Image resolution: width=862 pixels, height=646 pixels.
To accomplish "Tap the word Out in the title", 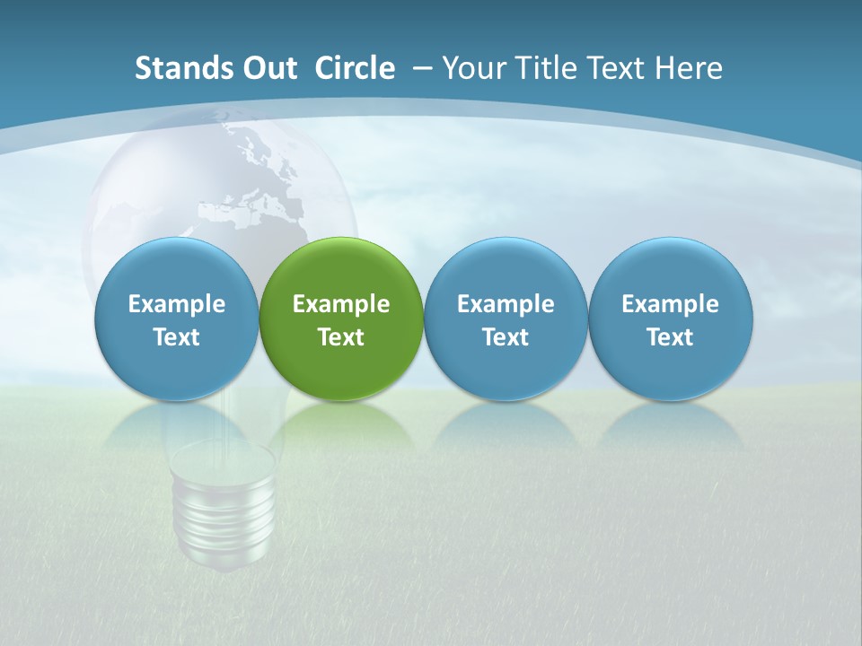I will [268, 68].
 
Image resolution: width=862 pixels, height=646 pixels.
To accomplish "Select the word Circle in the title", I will [355, 68].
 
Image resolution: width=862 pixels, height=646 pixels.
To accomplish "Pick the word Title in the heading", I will [548, 68].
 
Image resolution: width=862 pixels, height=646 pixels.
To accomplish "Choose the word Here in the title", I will [688, 68].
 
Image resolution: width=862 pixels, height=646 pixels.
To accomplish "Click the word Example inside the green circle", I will [341, 304].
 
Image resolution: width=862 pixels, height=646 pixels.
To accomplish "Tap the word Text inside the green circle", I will [341, 337].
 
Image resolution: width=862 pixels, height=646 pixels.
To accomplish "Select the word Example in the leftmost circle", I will [177, 304].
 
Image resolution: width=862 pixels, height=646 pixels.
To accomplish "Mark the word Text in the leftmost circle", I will [177, 337].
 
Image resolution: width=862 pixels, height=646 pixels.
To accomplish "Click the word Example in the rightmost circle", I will [670, 304].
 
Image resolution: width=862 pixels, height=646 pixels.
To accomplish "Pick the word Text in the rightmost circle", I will [670, 337].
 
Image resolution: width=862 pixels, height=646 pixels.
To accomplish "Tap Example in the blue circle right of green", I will [506, 304].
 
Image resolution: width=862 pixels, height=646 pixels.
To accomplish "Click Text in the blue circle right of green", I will [506, 337].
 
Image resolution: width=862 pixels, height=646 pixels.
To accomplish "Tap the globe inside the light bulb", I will [220, 188].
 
